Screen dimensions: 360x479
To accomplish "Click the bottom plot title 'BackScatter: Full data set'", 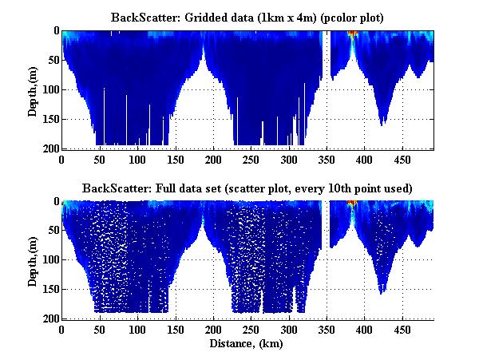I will [x=247, y=188].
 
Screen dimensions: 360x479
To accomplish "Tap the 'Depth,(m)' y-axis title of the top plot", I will [x=33, y=89].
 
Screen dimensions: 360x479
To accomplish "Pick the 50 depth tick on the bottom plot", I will [x=52, y=231].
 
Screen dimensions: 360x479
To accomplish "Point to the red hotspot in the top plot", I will [x=352, y=33].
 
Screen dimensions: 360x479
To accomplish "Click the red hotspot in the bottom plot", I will [x=352, y=204].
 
